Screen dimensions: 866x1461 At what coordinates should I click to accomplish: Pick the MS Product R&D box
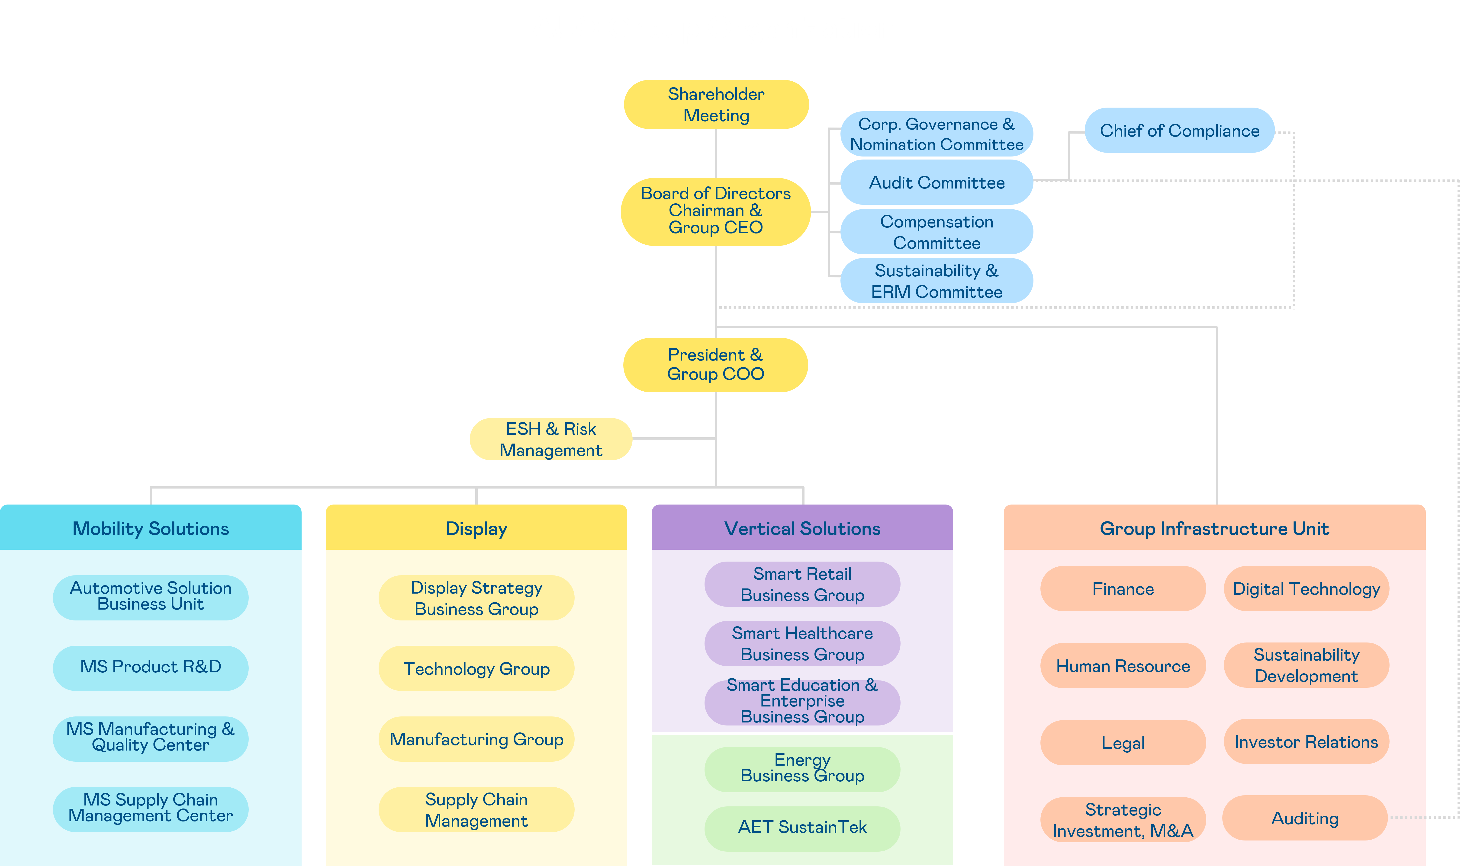coord(151,667)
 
